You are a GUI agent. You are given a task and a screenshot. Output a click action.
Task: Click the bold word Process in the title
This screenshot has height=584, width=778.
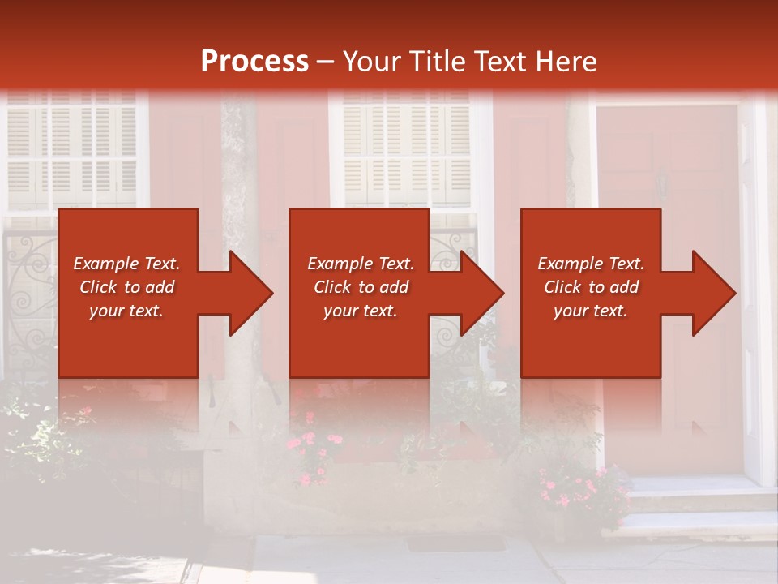[254, 62]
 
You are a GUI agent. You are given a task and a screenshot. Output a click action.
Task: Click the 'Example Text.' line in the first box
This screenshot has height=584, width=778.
[126, 264]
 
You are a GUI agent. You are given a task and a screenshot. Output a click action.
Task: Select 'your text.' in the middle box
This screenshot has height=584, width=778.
[360, 311]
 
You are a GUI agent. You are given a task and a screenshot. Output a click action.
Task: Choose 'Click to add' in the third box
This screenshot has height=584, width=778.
[591, 287]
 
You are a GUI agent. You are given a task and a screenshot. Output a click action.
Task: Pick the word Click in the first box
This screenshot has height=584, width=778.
[98, 287]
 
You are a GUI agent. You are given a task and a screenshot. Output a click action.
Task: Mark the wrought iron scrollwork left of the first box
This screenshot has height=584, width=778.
[31, 292]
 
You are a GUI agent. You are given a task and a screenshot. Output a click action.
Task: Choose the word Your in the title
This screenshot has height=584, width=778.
[372, 62]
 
